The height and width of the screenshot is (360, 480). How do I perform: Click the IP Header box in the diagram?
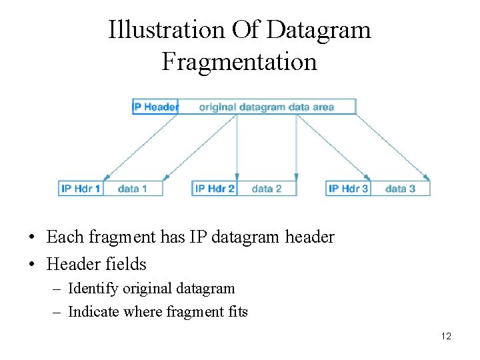[x=156, y=107]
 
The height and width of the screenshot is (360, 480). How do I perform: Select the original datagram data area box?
[x=267, y=107]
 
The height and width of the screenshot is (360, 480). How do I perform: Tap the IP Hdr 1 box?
[x=81, y=189]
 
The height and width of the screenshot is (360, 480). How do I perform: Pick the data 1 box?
[x=132, y=189]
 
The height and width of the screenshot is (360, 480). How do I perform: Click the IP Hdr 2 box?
[x=215, y=189]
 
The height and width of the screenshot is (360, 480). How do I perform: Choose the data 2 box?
[x=267, y=189]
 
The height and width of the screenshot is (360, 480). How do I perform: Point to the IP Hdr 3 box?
[x=348, y=189]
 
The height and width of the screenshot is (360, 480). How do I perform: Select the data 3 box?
[x=400, y=189]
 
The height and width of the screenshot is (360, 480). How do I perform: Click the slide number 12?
[x=446, y=336]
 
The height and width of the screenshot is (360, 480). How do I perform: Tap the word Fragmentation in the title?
[x=239, y=62]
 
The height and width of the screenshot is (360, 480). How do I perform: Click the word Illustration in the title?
[x=167, y=30]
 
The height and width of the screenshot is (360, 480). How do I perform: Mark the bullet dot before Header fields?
[x=32, y=265]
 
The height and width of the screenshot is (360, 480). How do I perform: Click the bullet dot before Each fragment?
[x=32, y=237]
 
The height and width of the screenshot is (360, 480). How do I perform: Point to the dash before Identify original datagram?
[x=57, y=289]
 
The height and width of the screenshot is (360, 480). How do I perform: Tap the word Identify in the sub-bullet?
[x=92, y=289]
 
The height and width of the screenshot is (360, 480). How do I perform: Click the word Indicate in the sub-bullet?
[x=93, y=311]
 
